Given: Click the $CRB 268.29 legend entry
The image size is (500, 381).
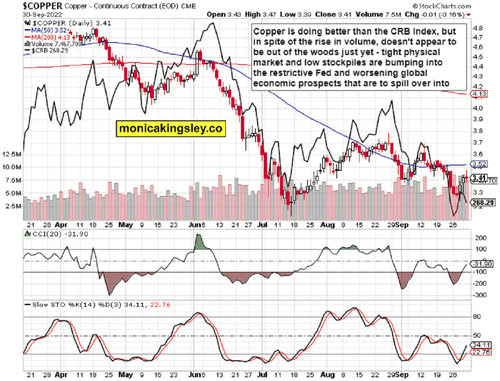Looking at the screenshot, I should point(44,50).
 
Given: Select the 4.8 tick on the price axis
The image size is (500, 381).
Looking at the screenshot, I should point(478,28).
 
